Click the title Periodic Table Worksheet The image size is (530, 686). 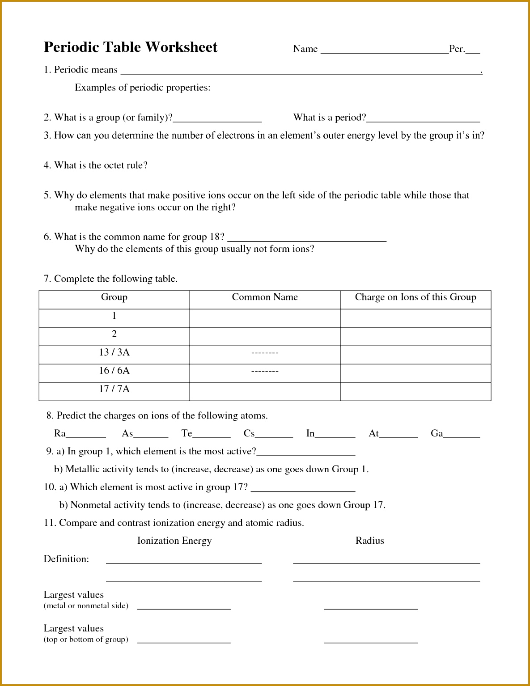pos(130,47)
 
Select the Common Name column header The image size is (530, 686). pos(265,297)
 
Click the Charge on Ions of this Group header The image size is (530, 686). pos(415,297)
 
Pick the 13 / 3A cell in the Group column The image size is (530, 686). pos(114,352)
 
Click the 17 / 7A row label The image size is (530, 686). pos(114,389)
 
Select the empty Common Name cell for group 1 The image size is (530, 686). pos(265,318)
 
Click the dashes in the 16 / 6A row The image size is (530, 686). pos(265,371)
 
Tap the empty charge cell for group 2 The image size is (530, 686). pos(415,336)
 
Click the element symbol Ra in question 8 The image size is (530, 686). pos(59,433)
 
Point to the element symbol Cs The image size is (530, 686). pos(249,433)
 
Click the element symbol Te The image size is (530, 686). pos(187,433)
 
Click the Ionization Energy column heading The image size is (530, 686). pos(174,541)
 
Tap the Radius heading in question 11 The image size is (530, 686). pos(369,541)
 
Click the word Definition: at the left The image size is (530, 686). pos(66,559)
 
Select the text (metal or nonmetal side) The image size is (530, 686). pos(86,606)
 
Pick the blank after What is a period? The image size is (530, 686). pos(423,119)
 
